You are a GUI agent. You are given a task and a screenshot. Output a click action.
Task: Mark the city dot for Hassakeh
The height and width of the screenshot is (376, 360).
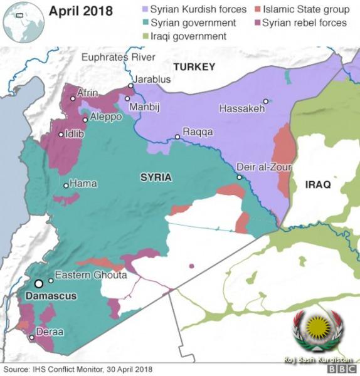coord(266,101)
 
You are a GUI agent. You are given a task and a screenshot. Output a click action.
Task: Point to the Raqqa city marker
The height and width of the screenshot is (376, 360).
coord(177,137)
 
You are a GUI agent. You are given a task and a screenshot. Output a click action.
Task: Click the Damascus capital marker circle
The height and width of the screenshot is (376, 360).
coord(39,284)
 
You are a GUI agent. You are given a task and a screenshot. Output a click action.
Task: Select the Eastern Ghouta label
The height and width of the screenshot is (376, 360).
coord(91,275)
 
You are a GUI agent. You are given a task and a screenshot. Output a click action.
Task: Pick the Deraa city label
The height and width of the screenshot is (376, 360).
coord(50,332)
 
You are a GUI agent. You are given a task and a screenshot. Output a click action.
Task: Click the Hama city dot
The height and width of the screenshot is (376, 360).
coord(66,185)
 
